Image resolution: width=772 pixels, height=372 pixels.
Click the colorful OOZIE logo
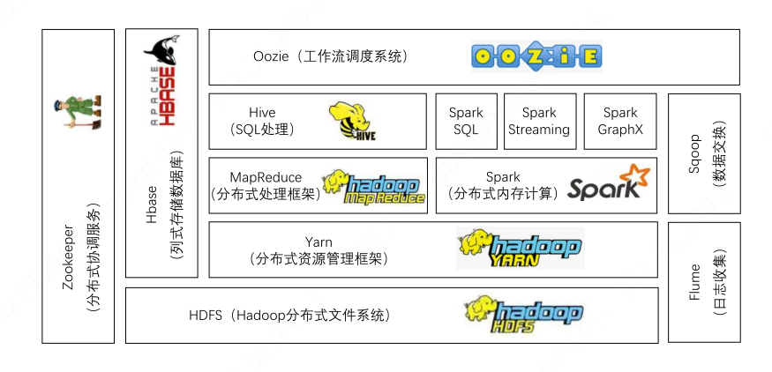pyautogui.click(x=536, y=57)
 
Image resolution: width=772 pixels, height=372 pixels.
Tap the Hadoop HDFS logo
pyautogui.click(x=523, y=313)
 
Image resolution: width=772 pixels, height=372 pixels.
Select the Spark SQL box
pyautogui.click(x=465, y=121)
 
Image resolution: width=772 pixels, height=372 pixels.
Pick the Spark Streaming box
pyautogui.click(x=538, y=121)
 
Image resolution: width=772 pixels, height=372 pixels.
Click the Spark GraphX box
pyautogui.click(x=620, y=121)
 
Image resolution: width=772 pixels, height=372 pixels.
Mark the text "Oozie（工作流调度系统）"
pyautogui.click(x=330, y=56)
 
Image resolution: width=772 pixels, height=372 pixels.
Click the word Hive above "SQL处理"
pyautogui.click(x=262, y=113)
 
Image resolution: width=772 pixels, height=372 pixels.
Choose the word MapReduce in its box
pyautogui.click(x=266, y=177)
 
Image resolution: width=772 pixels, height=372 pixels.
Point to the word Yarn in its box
pyautogui.click(x=319, y=242)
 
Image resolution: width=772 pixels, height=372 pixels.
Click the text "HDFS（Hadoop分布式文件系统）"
pyautogui.click(x=289, y=315)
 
